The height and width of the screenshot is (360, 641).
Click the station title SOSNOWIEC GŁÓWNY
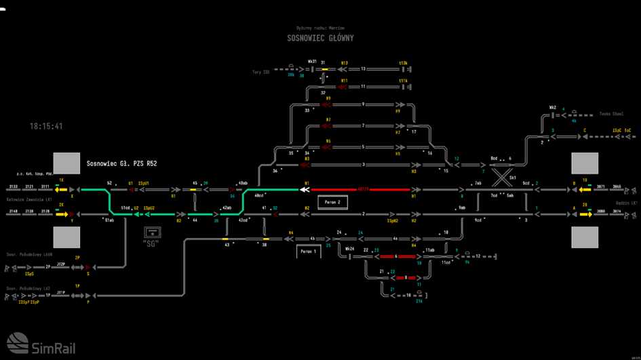320,38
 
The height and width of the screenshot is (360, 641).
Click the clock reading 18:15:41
46,126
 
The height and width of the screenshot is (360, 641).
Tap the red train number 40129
363,190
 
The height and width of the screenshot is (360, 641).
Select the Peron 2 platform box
332,202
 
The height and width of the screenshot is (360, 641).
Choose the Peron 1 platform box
308,252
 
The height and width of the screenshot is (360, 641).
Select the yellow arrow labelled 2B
583,214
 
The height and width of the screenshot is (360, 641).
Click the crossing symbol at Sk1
502,178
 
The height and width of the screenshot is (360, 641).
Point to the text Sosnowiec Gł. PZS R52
122,163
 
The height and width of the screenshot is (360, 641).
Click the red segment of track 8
406,278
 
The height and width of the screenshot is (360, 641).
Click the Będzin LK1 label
626,203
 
